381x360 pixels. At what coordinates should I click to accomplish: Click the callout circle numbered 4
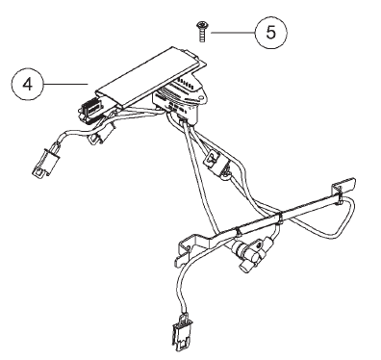coord(27,85)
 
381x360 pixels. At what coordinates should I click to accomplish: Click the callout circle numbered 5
coord(271,33)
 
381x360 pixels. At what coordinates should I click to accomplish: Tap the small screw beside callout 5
coord(202,32)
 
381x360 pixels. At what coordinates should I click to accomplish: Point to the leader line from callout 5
coord(233,33)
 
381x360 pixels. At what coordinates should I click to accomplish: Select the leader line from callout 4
coord(65,84)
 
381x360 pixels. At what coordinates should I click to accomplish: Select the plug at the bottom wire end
coord(181,332)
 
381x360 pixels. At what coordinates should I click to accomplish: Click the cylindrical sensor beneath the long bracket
coord(247,252)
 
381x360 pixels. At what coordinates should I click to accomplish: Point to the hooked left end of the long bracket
coord(186,252)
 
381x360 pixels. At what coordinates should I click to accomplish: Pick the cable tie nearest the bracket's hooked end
coord(239,232)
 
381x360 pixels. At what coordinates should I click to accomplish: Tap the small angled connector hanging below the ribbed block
coord(99,137)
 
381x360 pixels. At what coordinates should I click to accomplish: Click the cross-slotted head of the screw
coord(202,25)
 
